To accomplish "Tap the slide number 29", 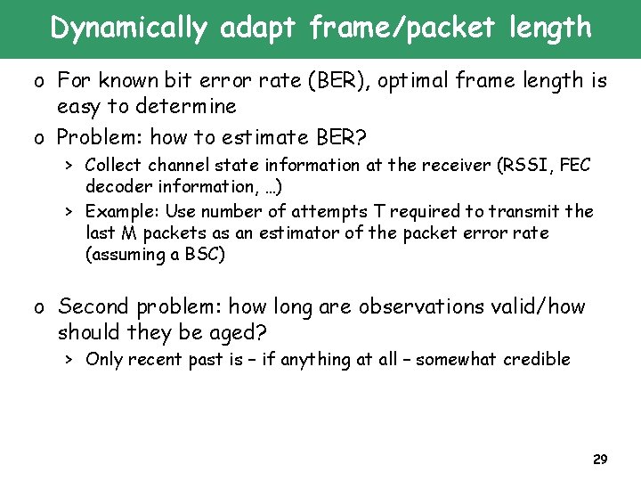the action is point(599,460).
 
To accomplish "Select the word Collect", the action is point(114,165).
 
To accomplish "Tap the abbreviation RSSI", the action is point(527,165).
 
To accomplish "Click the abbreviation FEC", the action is point(573,165).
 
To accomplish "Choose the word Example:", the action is point(120,211).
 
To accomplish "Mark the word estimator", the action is point(334,232).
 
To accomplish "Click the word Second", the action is point(96,306).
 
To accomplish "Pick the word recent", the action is point(158,359).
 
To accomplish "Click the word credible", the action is point(537,359).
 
